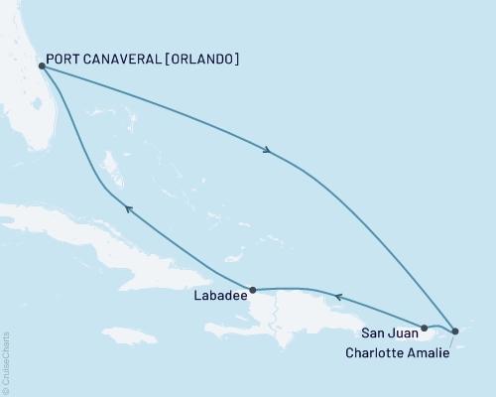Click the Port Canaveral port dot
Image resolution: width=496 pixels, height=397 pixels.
(x=41, y=66)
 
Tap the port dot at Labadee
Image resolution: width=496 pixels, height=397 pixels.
(x=253, y=291)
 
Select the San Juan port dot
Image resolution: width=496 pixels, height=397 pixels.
(x=424, y=327)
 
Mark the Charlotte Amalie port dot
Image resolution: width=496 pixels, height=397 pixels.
(x=454, y=331)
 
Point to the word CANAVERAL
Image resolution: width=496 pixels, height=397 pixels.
(x=125, y=60)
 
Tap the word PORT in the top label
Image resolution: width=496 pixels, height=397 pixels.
(x=66, y=60)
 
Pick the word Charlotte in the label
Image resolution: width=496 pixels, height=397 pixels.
(x=377, y=351)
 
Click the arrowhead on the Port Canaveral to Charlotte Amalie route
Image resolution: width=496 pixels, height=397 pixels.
(x=267, y=151)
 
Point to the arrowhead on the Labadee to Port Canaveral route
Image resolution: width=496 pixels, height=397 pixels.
(x=126, y=206)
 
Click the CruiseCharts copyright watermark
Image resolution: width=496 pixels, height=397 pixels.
(x=7, y=361)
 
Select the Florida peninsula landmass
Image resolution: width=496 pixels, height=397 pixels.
(x=30, y=109)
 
